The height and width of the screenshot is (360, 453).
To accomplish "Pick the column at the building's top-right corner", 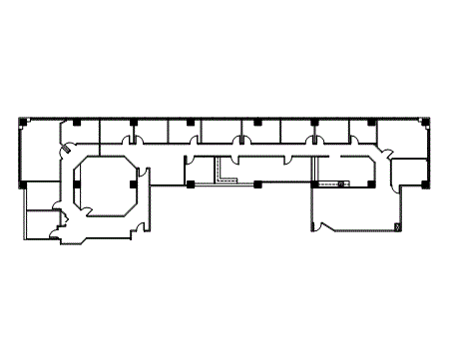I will pos(427,122).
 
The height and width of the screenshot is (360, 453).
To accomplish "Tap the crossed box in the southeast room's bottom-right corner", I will pos(397,228).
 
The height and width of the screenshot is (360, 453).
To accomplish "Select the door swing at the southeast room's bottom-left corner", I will pos(319,228).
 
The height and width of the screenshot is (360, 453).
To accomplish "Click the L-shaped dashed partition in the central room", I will pos(225,176).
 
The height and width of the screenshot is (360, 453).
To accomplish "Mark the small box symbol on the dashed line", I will pos(341,184).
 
